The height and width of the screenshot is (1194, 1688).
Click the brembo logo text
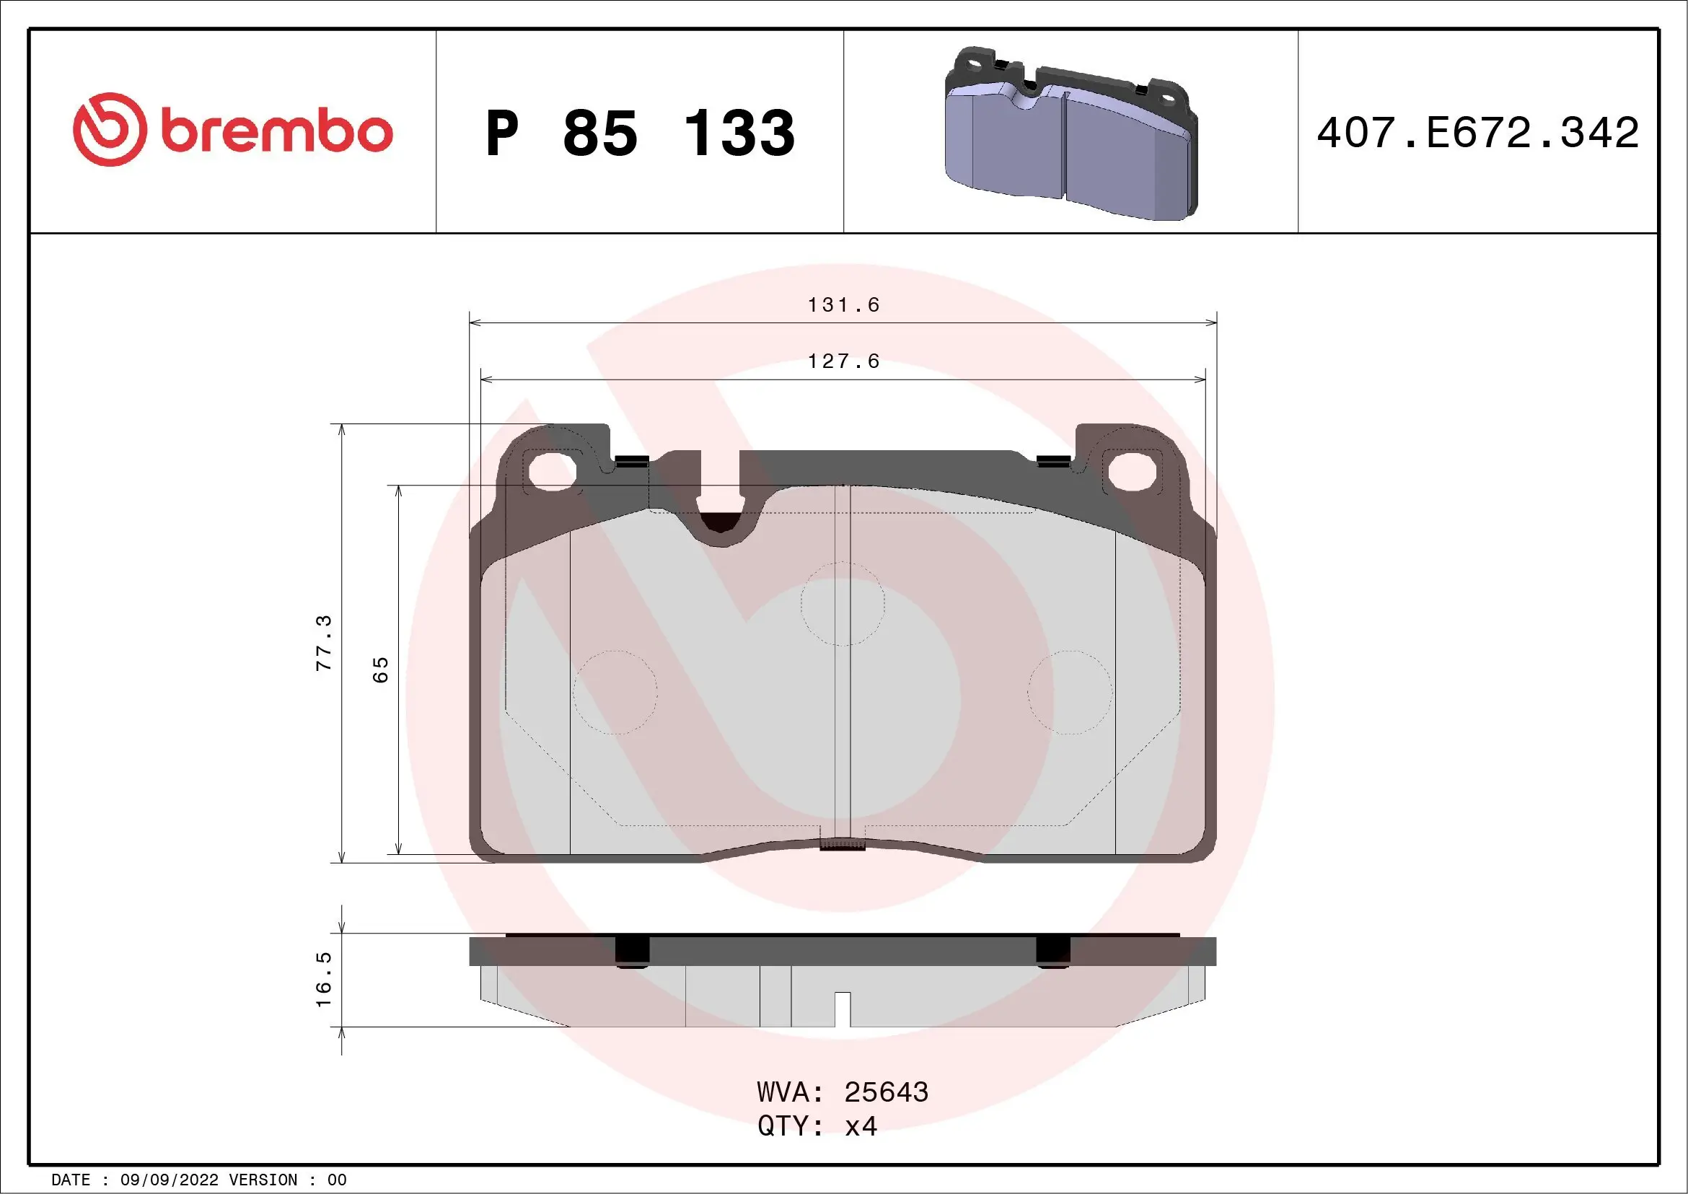(x=276, y=131)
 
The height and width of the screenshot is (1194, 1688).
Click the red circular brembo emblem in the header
(x=108, y=129)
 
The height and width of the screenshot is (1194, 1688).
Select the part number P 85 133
(x=640, y=133)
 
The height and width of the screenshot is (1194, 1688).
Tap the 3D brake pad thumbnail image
(x=1071, y=133)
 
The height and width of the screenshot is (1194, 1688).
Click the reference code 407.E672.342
(x=1478, y=133)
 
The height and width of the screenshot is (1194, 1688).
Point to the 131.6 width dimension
(x=843, y=304)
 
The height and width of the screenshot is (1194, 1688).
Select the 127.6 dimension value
(x=843, y=361)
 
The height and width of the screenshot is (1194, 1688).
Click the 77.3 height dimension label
(x=324, y=643)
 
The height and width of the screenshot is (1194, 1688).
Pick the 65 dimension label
(x=380, y=669)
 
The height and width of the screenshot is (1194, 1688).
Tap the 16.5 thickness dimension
(x=324, y=979)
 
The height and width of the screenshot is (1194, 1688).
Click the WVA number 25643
(x=886, y=1092)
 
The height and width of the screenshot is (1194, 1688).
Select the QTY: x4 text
(x=817, y=1126)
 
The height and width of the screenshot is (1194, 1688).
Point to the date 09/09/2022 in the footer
(x=169, y=1180)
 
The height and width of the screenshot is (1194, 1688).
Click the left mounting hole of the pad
(x=551, y=471)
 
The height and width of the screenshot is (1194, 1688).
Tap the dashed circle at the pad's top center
(x=843, y=604)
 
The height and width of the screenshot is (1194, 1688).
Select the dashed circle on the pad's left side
(x=615, y=692)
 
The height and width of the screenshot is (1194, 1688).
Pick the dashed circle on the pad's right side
(x=1069, y=692)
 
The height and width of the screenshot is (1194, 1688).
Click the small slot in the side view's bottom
(x=843, y=1009)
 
